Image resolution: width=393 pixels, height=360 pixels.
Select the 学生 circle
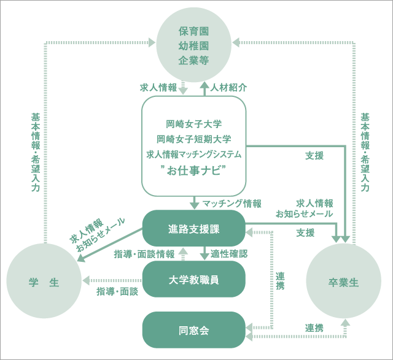[x=44, y=282]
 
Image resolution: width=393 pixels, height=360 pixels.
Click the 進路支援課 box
[x=194, y=229]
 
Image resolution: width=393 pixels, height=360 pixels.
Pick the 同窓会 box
[x=194, y=330]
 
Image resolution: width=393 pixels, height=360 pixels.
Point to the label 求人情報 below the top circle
[x=159, y=87]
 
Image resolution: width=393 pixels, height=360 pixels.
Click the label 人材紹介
[x=229, y=87]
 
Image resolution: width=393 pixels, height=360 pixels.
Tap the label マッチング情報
[x=232, y=202]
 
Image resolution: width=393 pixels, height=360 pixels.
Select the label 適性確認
[x=229, y=253]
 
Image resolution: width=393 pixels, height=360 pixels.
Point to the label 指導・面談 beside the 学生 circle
[x=117, y=291]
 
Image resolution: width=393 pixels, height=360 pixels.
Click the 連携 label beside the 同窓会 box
[x=314, y=328]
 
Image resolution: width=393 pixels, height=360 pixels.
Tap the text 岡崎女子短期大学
[x=194, y=139]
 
